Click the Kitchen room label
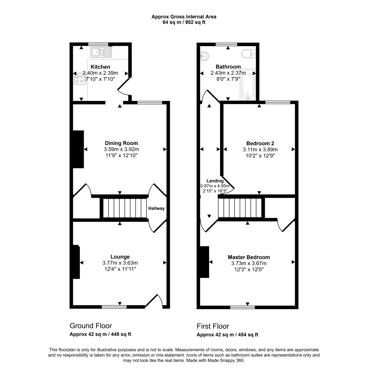click(x=100, y=67)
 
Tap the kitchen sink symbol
click(x=101, y=52)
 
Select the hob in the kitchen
click(x=80, y=79)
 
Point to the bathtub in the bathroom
click(x=248, y=85)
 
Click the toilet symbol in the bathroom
click(x=249, y=54)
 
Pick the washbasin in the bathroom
click(x=204, y=56)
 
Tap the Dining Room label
click(x=121, y=143)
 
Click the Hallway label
click(x=156, y=208)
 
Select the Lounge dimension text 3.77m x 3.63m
click(x=120, y=263)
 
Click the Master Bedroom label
click(x=249, y=257)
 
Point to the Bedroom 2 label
click(x=260, y=143)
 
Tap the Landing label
click(x=215, y=181)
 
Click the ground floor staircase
click(x=125, y=208)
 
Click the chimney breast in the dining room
click(x=78, y=149)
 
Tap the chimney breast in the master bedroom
click(x=205, y=262)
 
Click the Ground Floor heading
click(x=91, y=326)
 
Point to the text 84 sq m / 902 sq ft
click(x=184, y=22)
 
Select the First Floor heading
click(x=213, y=326)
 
